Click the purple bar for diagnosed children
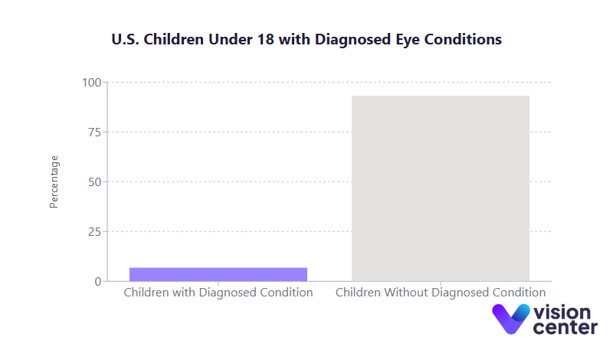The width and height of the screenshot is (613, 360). tap(218, 274)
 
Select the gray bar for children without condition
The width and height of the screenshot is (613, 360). tap(441, 188)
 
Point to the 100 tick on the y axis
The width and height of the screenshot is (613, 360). tap(92, 83)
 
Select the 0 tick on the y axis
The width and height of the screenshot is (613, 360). tap(98, 282)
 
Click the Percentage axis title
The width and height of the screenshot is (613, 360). tap(54, 182)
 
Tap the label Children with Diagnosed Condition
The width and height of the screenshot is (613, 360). tap(218, 293)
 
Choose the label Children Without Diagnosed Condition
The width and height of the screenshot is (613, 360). tap(441, 293)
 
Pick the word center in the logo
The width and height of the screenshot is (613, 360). tap(565, 328)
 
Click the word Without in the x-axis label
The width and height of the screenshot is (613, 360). tap(406, 293)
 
